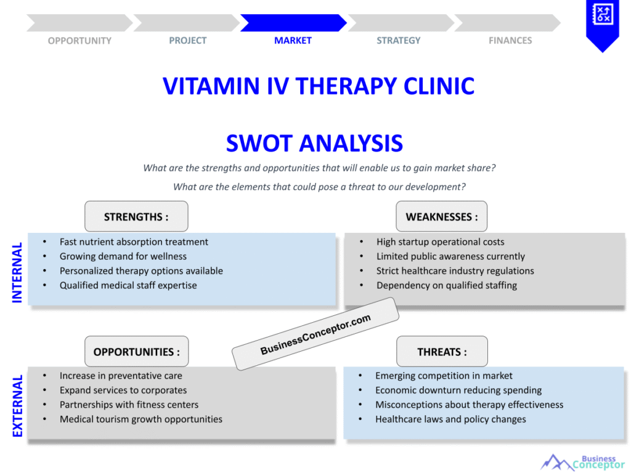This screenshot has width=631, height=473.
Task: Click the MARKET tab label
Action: click(x=293, y=41)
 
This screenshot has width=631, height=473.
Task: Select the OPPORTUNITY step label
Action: click(x=79, y=41)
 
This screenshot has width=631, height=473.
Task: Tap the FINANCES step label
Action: click(x=510, y=41)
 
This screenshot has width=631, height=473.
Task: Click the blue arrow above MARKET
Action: click(x=293, y=23)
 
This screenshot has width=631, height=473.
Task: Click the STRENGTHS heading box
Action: click(x=136, y=217)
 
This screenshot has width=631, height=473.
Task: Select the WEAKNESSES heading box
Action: click(x=441, y=217)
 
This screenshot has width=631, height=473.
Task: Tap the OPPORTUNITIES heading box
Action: click(x=137, y=352)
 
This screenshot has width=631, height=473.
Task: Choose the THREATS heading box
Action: click(x=442, y=352)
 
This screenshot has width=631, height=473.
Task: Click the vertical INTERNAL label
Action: click(x=17, y=272)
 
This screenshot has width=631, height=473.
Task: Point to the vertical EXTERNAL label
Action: click(x=17, y=405)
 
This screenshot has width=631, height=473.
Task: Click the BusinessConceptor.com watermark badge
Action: click(x=315, y=334)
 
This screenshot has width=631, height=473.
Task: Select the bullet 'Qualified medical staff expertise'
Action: click(x=128, y=285)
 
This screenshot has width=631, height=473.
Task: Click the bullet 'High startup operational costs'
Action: click(x=440, y=242)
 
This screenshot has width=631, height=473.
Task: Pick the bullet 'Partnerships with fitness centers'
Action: click(x=129, y=405)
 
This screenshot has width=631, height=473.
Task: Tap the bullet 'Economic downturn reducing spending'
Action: click(x=458, y=390)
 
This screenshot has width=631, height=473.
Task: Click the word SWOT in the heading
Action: click(x=259, y=144)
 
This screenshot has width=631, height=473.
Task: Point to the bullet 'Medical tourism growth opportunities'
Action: click(x=140, y=419)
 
